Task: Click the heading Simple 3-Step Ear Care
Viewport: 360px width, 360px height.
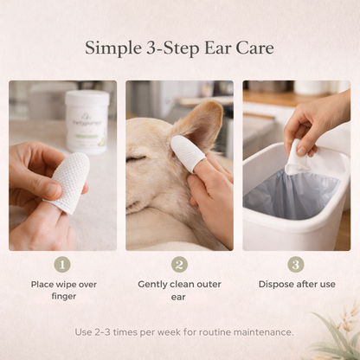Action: [x=179, y=48]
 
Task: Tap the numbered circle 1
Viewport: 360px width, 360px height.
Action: [x=62, y=265]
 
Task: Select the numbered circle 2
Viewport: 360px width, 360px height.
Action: [x=179, y=265]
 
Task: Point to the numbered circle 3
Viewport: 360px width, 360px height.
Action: [x=296, y=265]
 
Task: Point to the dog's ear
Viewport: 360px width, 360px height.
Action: [x=204, y=125]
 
